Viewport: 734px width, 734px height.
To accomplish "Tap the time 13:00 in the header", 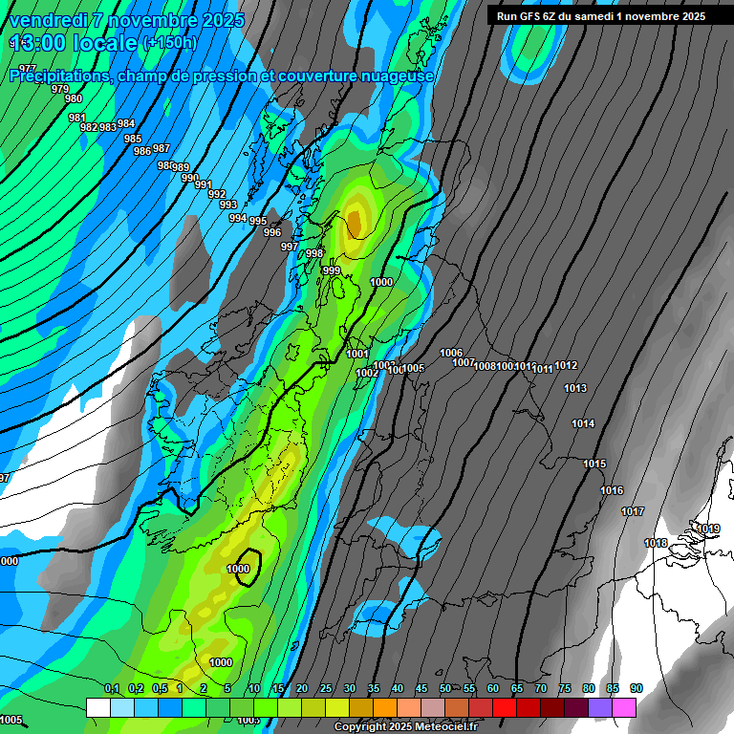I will point(42,43).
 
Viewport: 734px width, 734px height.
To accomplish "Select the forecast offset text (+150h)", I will point(169,43).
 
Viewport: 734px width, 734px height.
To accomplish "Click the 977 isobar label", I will point(28,69).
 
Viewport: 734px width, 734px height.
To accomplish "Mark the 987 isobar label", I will point(162,148).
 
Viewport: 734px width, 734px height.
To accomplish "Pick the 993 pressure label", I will point(228,205).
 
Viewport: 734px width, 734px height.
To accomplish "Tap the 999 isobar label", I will point(332,270).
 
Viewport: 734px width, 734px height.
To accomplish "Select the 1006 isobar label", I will point(451,354).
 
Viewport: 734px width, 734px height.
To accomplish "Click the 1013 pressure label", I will point(575,388).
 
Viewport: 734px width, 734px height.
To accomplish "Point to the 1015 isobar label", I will point(594,464).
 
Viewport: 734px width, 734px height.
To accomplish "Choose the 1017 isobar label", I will point(633,512).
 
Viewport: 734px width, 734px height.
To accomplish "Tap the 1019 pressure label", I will point(708,529).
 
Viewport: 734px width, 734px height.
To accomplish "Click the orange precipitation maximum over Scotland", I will point(355,222).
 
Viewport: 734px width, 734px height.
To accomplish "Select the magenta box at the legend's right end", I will point(624,706).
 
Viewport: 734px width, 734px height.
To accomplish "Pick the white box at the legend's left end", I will point(97,706).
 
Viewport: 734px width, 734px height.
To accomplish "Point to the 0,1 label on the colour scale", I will point(112,689).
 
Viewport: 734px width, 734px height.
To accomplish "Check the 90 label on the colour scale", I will point(636,689).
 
